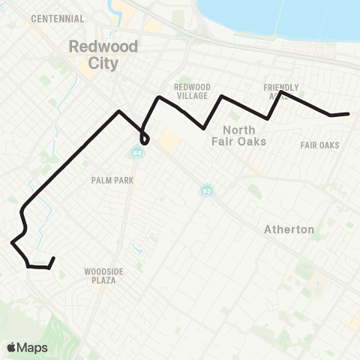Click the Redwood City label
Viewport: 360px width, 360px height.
pos(93,54)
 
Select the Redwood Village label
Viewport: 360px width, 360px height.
pos(192,91)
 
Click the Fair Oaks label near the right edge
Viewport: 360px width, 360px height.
pos(319,145)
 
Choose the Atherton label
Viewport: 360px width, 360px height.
pos(289,229)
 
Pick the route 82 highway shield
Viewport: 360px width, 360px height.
pos(205,191)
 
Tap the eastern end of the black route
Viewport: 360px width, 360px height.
pos(349,114)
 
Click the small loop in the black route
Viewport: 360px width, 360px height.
pos(144,139)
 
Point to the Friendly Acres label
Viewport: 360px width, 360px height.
pos(281,91)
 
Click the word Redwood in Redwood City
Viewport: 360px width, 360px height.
pos(93,46)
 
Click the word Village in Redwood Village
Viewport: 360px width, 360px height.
pos(192,96)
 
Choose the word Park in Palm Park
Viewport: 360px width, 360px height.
pos(122,180)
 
